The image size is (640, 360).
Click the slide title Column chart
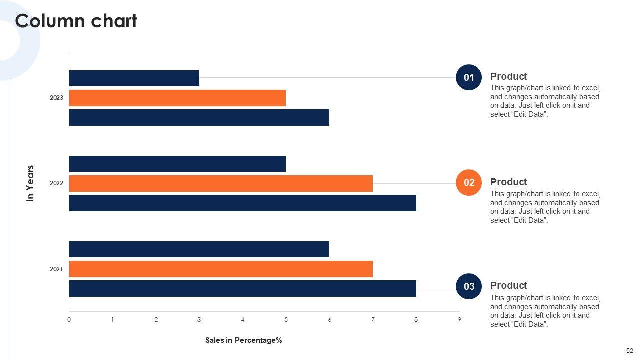76,21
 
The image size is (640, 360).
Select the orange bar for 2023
177,98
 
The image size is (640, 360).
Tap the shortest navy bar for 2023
134,78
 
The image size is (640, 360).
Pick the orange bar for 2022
221,183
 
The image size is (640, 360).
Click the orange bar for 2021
221,269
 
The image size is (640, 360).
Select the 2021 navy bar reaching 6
199,249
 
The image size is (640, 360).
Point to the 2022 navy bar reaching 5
177,164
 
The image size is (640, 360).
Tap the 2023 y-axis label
56,98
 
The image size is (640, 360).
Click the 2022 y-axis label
56,183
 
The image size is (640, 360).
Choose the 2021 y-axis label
56,269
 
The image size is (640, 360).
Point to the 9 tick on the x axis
459,320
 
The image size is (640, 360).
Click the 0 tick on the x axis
69,320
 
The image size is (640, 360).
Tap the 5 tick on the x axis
286,320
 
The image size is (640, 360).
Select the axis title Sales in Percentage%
244,340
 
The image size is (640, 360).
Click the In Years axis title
31,183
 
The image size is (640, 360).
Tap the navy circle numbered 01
469,77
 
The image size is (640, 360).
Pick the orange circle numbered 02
469,182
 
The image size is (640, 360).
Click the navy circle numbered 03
469,286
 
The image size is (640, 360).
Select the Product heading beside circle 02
508,182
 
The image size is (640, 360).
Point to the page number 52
629,351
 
